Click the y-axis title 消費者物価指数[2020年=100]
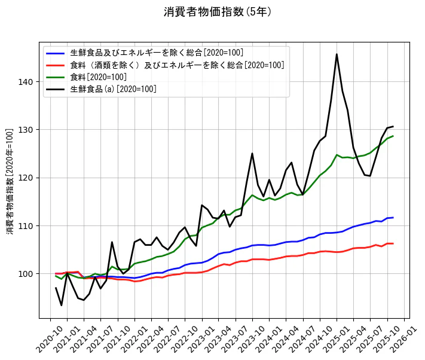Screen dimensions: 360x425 [10, 181]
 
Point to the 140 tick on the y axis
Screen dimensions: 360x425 [30, 82]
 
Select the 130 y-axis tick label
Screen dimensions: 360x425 [30, 130]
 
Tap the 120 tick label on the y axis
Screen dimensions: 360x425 [30, 178]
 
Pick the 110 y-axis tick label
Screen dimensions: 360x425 [30, 226]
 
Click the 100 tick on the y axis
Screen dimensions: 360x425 [30, 274]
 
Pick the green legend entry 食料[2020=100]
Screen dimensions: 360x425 [98, 77]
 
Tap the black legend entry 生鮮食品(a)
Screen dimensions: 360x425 [113, 89]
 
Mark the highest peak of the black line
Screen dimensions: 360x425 [337, 54]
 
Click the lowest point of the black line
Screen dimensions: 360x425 [62, 306]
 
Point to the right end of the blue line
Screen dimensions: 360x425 [393, 218]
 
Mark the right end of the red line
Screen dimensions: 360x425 [393, 243]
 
